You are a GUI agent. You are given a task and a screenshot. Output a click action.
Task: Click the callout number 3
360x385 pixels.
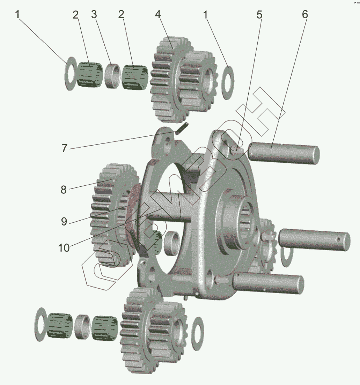(x=94, y=15)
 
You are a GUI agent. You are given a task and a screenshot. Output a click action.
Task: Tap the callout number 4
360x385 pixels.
(x=158, y=15)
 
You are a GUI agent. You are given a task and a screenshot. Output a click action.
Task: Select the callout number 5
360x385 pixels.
(x=259, y=15)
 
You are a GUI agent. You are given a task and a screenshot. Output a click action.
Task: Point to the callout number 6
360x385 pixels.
(x=305, y=15)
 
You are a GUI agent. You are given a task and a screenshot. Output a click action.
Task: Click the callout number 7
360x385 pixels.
(x=64, y=148)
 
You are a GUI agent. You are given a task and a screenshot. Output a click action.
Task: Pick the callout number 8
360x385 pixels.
(x=64, y=190)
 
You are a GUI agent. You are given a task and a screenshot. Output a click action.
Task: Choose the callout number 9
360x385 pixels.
(x=64, y=222)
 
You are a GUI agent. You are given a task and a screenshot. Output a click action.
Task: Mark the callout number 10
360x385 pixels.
(x=64, y=248)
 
